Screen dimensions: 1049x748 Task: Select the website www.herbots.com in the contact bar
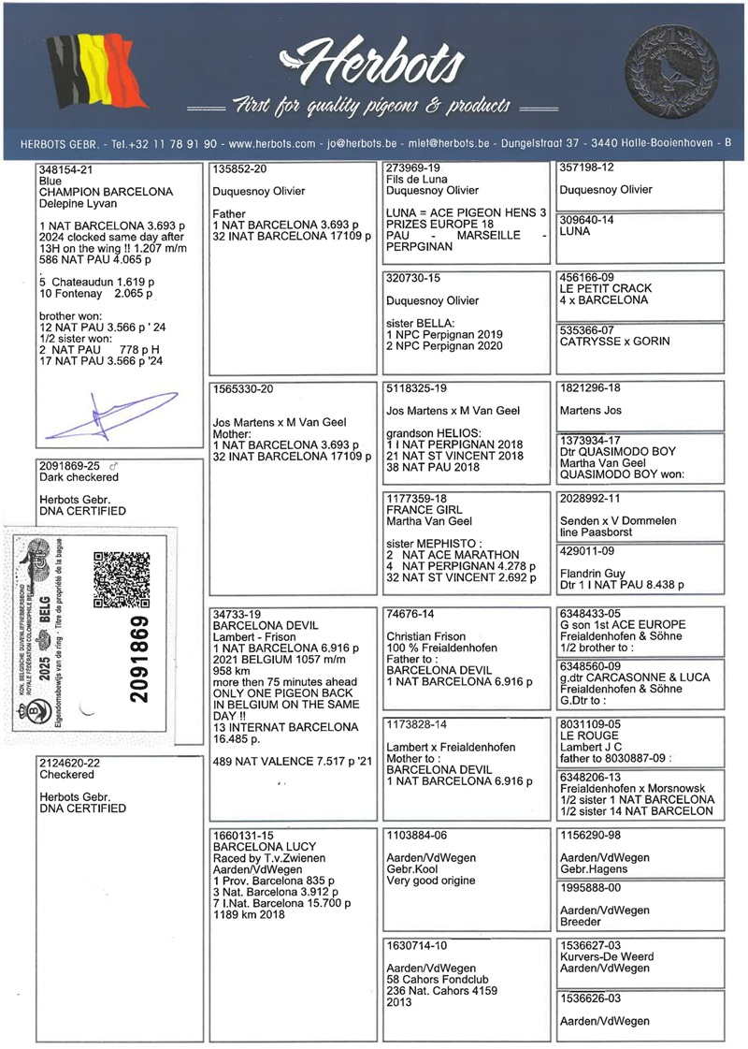point(272,144)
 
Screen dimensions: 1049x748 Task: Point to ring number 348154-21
point(66,169)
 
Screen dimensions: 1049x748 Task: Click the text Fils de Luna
point(417,179)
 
